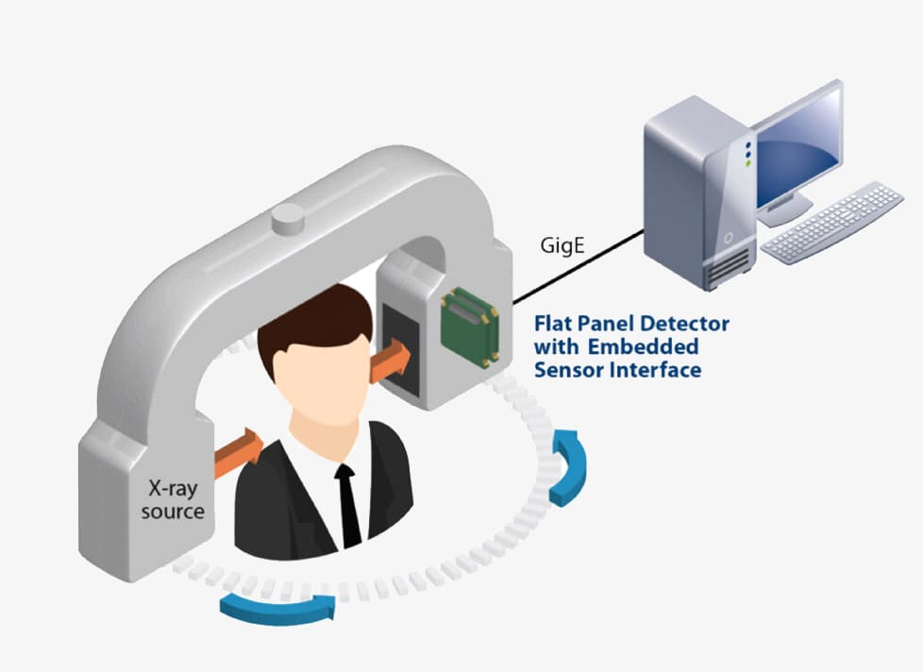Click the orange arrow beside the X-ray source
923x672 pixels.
click(x=240, y=450)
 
